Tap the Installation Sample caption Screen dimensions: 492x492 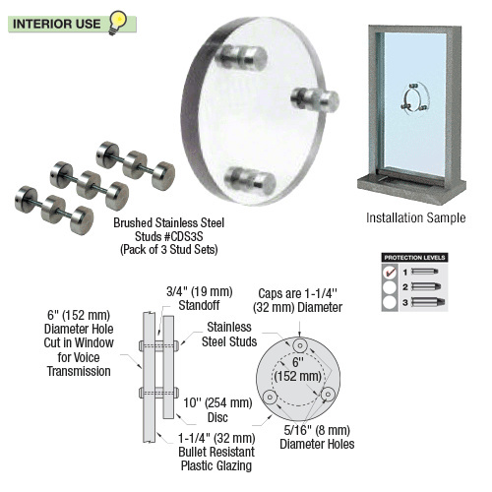coord(415,216)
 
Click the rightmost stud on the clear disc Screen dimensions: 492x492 coord(322,99)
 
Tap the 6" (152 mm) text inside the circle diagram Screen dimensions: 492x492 coord(297,372)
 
